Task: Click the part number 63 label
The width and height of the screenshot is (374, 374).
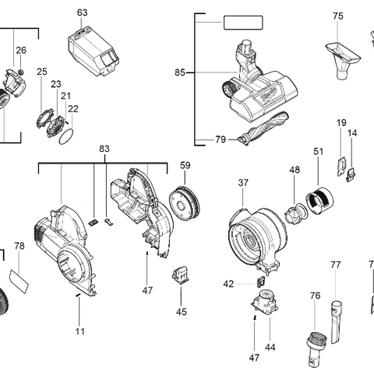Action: coord(83,12)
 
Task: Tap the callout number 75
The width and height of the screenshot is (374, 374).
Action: coord(337,16)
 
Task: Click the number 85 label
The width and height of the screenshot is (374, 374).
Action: coord(180,72)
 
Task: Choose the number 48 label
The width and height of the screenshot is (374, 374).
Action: coord(294,169)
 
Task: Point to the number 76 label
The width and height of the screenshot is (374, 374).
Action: coord(315,295)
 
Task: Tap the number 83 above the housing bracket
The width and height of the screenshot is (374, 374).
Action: coord(104,148)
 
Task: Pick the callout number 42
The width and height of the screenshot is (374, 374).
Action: coord(228,284)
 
